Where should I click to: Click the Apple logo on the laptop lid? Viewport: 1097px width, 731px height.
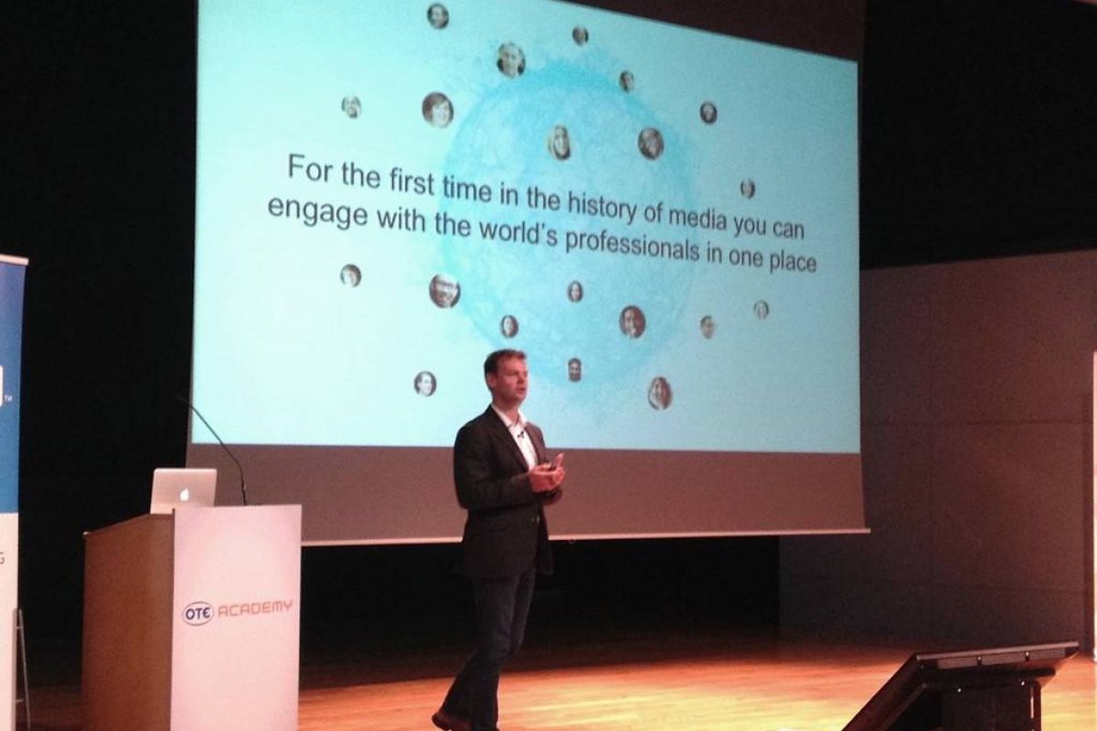pos(185,495)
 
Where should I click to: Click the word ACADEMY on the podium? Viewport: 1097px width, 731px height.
pos(255,609)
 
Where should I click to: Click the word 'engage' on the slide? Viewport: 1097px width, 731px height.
pos(318,214)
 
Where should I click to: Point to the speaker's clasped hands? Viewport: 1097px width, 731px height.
pos(545,473)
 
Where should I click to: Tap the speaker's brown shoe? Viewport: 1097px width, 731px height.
pos(447,719)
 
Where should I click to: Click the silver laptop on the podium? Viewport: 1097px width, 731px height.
pos(184,491)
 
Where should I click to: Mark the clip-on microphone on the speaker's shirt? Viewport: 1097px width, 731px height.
pos(522,433)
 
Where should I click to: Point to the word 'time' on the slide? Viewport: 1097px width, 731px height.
pos(467,190)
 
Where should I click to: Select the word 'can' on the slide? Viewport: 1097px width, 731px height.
pos(787,230)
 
